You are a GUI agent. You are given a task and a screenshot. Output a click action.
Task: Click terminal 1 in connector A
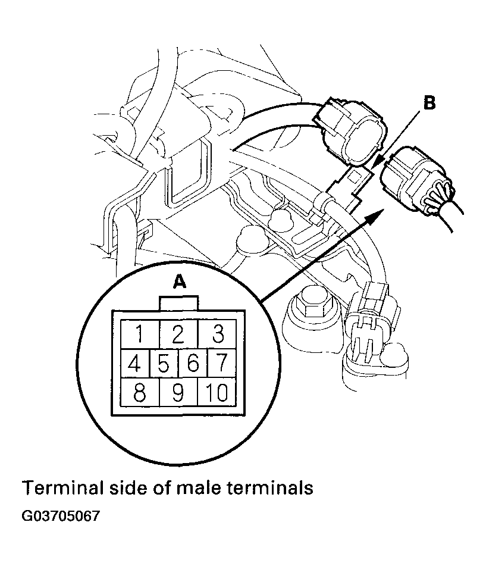[140, 334]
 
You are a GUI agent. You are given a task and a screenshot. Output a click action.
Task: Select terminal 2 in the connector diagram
[178, 334]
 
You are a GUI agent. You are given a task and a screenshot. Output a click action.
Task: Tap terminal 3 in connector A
[217, 334]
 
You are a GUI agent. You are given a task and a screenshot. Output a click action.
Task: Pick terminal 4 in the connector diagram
[135, 363]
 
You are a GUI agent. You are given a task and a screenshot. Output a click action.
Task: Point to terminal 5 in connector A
[164, 363]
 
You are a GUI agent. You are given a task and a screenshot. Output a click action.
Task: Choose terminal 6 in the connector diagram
[193, 363]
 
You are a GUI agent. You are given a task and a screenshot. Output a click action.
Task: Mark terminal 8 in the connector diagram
[140, 392]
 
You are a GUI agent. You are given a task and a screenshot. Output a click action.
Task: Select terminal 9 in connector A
[178, 392]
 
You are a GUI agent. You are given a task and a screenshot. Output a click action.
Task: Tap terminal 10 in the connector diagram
[217, 392]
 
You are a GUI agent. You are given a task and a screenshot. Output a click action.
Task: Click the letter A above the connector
[179, 282]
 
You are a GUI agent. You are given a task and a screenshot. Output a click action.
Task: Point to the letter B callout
[429, 103]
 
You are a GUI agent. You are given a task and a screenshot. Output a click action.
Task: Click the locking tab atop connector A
[178, 303]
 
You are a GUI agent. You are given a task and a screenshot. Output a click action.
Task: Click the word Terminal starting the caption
[60, 487]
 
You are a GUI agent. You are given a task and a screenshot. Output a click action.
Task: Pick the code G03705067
[60, 516]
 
